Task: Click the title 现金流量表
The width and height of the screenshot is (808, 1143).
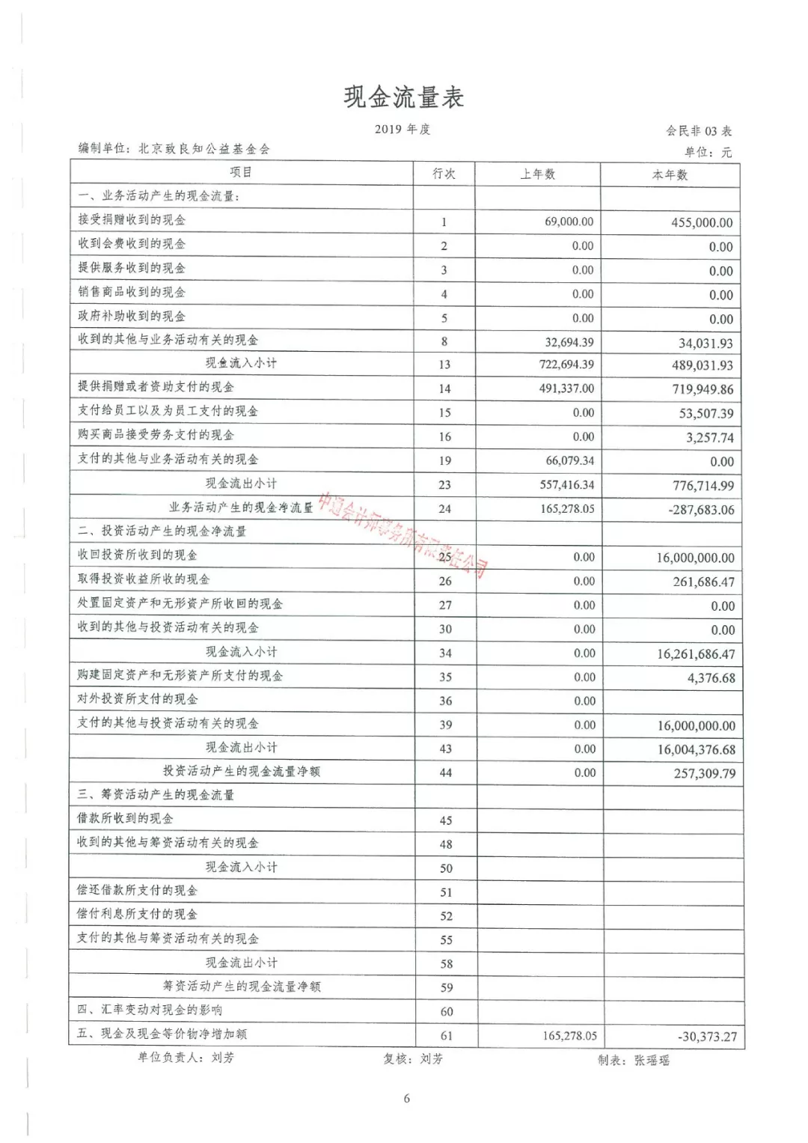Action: tap(404, 97)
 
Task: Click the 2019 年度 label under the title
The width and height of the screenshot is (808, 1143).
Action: tap(403, 129)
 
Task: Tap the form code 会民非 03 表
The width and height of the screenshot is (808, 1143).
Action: tap(699, 131)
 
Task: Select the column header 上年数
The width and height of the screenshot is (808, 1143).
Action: tap(538, 174)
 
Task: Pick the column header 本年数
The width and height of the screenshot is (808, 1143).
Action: tap(670, 175)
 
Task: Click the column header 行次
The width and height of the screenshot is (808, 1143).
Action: tap(444, 174)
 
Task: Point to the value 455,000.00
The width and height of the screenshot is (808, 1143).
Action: tap(702, 223)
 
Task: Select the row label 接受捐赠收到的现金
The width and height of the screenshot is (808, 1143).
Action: tap(132, 220)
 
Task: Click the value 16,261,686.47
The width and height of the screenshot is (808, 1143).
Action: tap(696, 654)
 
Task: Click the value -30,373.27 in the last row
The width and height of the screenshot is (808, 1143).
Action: tap(707, 1037)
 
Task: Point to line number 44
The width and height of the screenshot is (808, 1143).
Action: tap(446, 772)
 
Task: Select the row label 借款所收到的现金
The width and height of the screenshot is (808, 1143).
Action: tap(125, 819)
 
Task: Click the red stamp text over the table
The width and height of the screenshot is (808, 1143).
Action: tap(404, 535)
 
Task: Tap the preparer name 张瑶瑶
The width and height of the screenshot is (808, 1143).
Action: tap(652, 1060)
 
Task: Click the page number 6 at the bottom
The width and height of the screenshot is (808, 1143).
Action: tap(407, 1099)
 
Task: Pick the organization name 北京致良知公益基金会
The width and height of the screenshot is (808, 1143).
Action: tap(203, 149)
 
